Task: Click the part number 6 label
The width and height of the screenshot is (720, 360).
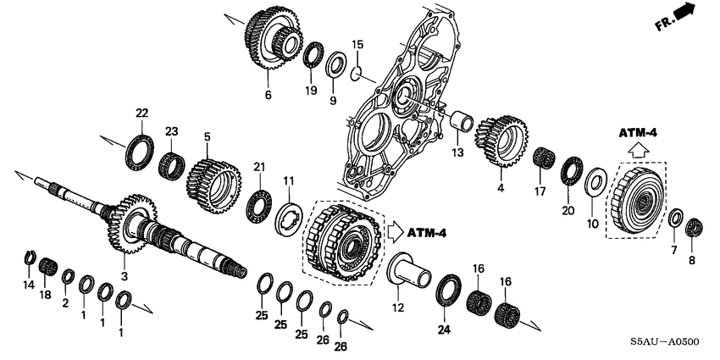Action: coord(268,95)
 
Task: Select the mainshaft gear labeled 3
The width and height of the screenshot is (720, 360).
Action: coord(127,224)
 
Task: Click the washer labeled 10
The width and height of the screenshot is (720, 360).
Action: coord(594,180)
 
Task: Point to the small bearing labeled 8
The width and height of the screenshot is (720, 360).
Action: coord(694,227)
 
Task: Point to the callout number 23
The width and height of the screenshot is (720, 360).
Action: coord(172,130)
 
